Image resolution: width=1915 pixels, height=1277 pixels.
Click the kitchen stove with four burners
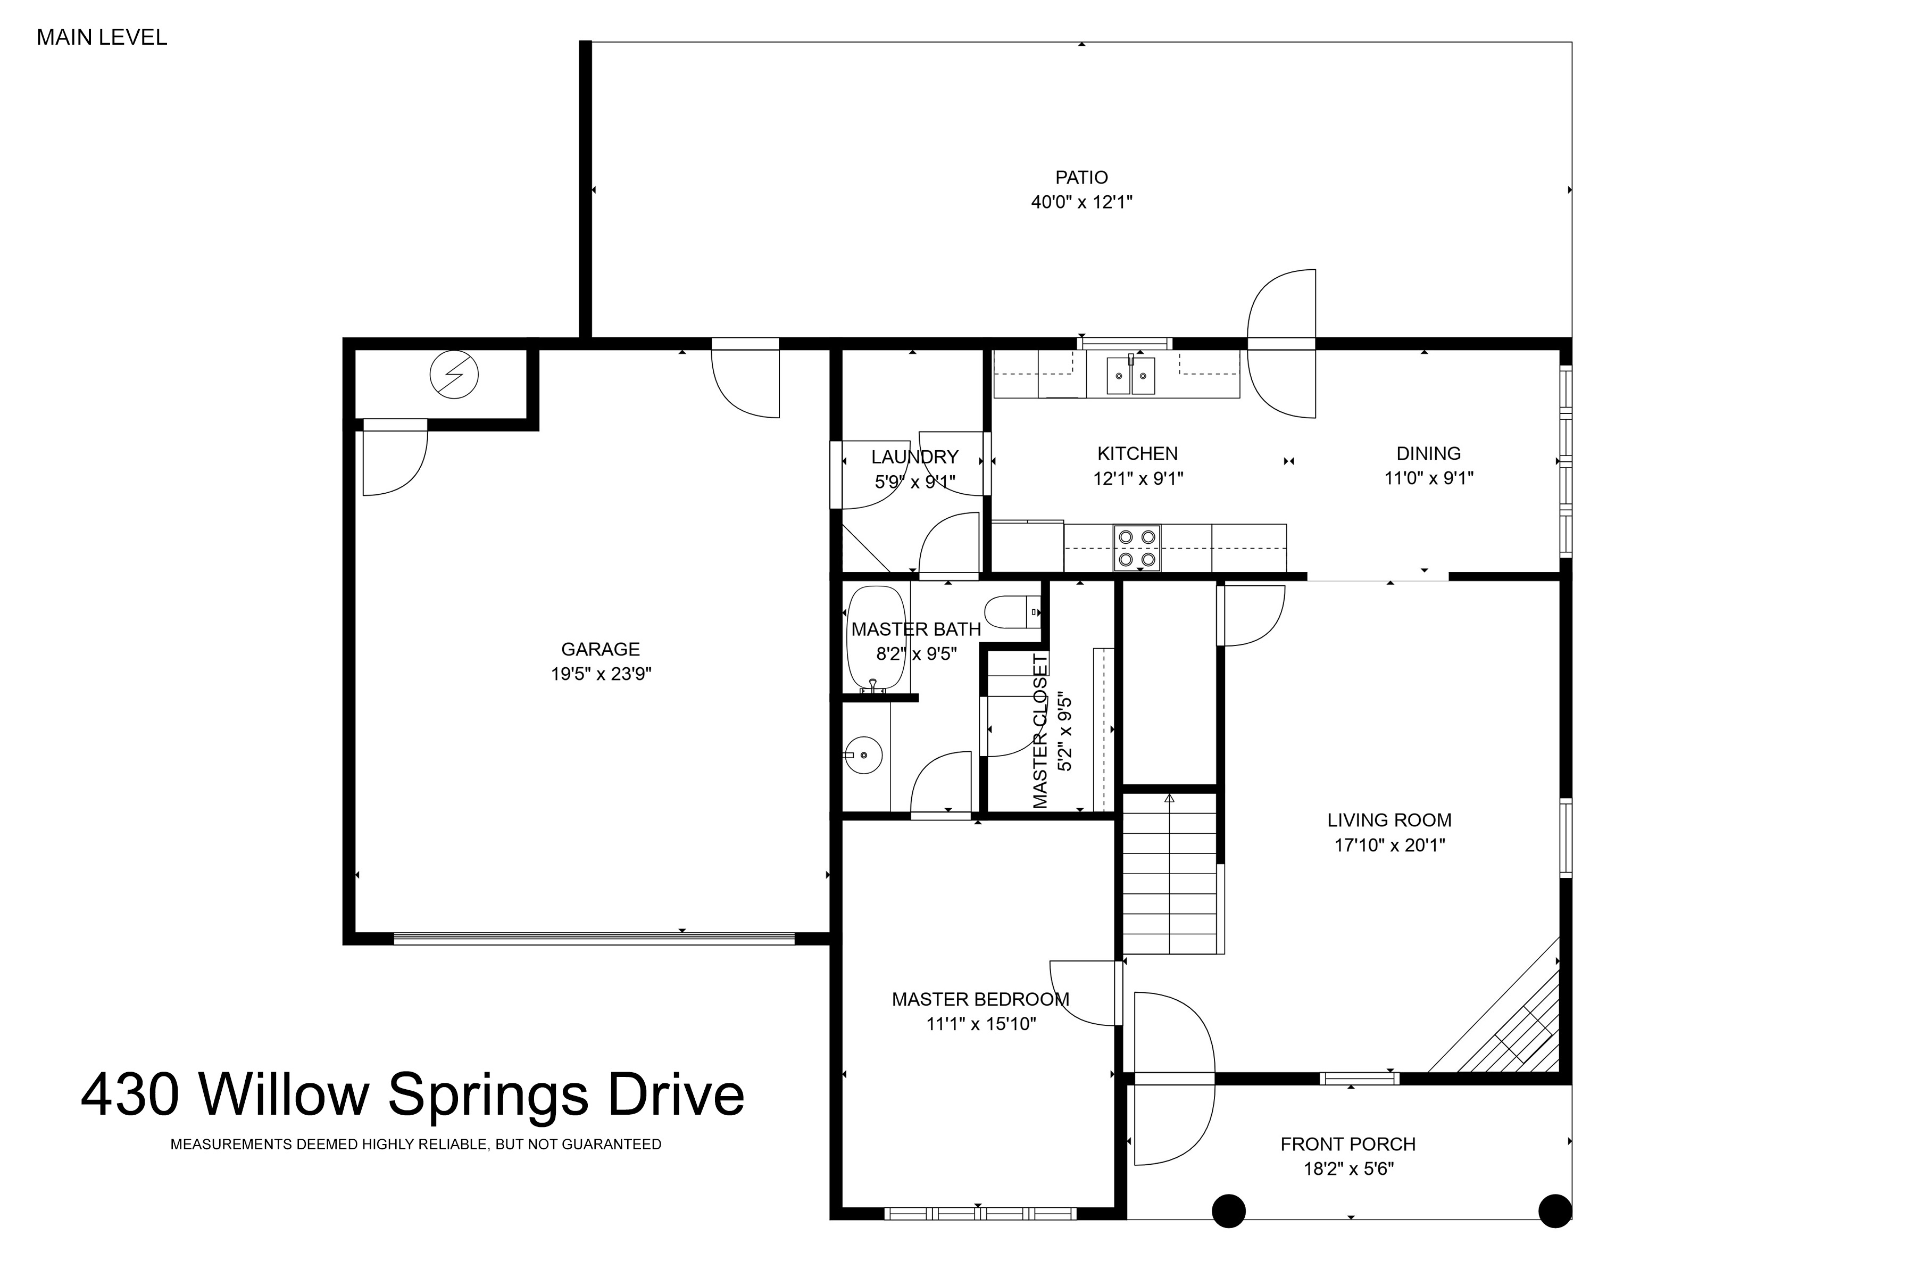tap(1137, 548)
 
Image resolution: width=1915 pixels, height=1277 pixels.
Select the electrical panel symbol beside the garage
tap(454, 375)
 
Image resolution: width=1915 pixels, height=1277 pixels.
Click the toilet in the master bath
tap(1013, 611)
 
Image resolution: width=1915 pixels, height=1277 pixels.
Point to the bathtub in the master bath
tap(876, 640)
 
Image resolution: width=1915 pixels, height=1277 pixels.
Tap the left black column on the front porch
tap(1229, 1210)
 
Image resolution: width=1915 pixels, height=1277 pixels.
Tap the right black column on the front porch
tap(1554, 1210)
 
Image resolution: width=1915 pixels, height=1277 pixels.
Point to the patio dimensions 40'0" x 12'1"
tap(1081, 202)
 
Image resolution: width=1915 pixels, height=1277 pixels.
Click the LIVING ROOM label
tap(1389, 820)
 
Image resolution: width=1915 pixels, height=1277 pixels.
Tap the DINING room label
tap(1428, 454)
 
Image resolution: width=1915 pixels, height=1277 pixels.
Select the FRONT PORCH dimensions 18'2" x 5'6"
tap(1348, 1168)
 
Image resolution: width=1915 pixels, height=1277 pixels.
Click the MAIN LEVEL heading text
tap(102, 37)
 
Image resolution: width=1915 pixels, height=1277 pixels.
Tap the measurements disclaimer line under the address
tap(415, 1145)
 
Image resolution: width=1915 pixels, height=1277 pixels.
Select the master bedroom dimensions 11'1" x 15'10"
tap(980, 1024)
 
